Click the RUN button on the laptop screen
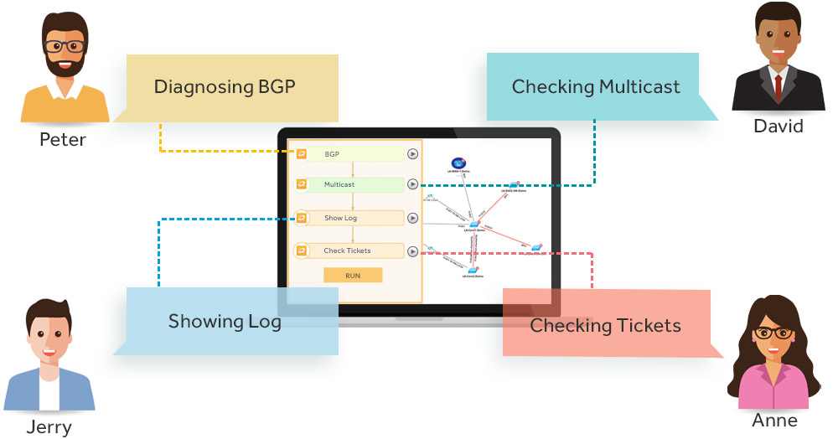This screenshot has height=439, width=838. [x=352, y=275]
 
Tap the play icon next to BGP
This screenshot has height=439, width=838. [x=412, y=154]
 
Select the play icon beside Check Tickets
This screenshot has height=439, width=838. [x=412, y=250]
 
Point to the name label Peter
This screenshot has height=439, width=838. [x=63, y=139]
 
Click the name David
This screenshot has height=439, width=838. [x=778, y=127]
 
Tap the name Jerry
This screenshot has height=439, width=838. [x=49, y=427]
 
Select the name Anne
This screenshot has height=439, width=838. [x=773, y=421]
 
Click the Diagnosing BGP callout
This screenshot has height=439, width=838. [x=225, y=87]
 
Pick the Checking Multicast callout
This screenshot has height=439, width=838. [x=596, y=87]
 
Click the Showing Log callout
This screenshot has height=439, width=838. [x=225, y=322]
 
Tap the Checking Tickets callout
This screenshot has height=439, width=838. [x=606, y=325]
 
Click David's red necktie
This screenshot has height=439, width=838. [x=779, y=85]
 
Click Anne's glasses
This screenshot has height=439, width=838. [x=773, y=333]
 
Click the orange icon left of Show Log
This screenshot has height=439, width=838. [x=302, y=218]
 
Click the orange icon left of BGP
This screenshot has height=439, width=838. [x=302, y=154]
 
